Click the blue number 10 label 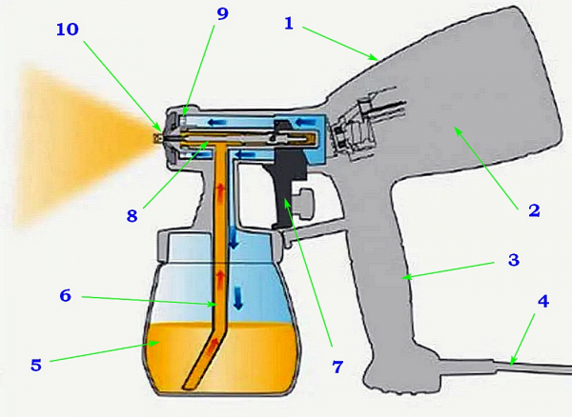pyautogui.click(x=68, y=30)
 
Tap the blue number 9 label pyautogui.click(x=222, y=14)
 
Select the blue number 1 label pyautogui.click(x=289, y=24)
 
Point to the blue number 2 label pyautogui.click(x=534, y=210)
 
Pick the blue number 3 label pyautogui.click(x=514, y=260)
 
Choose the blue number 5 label pyautogui.click(x=36, y=365)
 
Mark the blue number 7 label pyautogui.click(x=337, y=367)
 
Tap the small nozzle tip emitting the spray pyautogui.click(x=158, y=138)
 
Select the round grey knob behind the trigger pyautogui.click(x=305, y=203)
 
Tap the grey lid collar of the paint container pyautogui.click(x=219, y=246)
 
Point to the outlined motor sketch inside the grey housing pyautogui.click(x=368, y=122)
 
